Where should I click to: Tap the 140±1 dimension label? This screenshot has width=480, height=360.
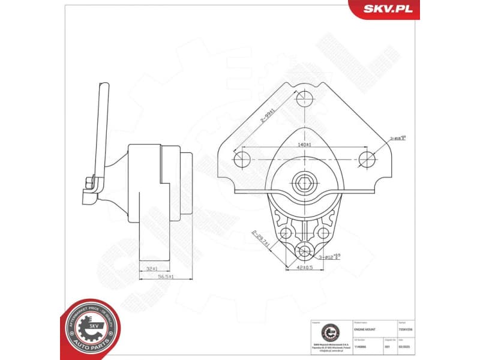(304, 145)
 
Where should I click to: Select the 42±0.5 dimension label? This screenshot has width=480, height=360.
(304, 268)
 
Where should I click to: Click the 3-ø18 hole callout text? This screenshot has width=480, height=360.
(399, 137)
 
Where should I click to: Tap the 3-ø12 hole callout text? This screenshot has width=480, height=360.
(331, 256)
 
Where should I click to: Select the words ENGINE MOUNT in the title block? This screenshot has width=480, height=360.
(366, 330)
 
